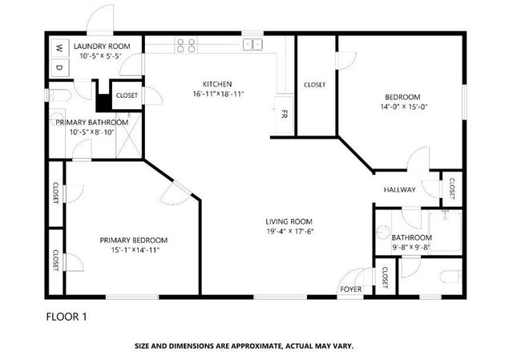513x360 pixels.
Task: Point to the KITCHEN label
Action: [x=216, y=83]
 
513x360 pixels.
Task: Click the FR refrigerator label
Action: [x=283, y=114]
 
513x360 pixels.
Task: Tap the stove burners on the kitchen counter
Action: [x=185, y=45]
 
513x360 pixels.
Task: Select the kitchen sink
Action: [x=252, y=45]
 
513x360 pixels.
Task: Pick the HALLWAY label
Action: [x=399, y=190]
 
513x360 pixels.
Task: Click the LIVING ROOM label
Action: [x=289, y=221]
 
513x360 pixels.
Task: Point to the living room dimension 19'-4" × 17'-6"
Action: [x=289, y=232]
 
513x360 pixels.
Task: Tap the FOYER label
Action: [x=350, y=288]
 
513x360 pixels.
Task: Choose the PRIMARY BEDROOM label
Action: [x=134, y=240]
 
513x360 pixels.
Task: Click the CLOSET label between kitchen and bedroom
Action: [x=314, y=85]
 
